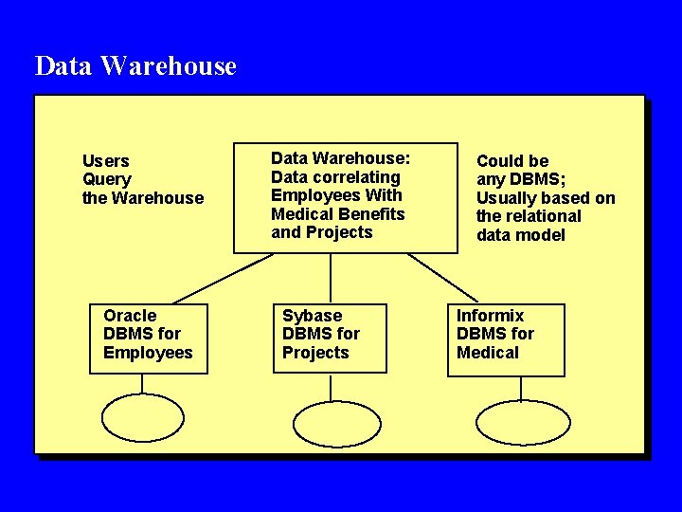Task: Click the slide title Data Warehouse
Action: click(x=135, y=66)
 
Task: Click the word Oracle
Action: click(x=130, y=316)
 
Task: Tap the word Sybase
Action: click(x=312, y=316)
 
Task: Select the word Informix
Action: click(x=490, y=316)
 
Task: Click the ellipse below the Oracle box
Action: click(x=143, y=418)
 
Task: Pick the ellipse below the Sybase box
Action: click(x=336, y=424)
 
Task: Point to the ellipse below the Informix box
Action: click(x=523, y=423)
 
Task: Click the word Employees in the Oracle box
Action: click(x=148, y=353)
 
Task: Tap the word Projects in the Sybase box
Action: click(x=315, y=353)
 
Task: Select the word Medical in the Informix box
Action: click(x=488, y=353)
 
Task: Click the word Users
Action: click(x=106, y=161)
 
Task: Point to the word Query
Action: click(x=107, y=179)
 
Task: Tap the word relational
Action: click(x=544, y=216)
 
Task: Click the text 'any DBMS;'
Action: click(x=521, y=179)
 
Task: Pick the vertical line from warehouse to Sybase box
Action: click(x=331, y=278)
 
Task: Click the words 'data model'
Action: click(x=521, y=234)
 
